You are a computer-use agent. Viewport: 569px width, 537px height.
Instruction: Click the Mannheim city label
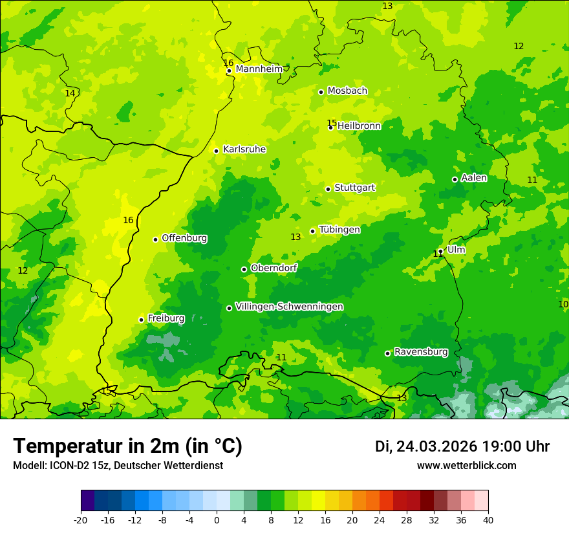259,69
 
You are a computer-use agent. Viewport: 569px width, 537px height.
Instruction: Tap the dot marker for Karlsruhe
216,151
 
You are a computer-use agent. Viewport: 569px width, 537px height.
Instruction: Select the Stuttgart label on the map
354,188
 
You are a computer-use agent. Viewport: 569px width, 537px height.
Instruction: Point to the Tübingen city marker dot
312,231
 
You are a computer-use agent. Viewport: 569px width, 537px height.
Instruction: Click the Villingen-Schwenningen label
289,307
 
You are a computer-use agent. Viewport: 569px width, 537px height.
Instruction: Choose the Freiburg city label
166,318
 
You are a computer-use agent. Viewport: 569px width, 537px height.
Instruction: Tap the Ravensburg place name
420,352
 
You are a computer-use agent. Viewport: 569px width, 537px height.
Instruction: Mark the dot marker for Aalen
455,179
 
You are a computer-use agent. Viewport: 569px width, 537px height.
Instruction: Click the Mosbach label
347,91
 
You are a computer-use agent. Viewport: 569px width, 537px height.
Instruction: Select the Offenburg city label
184,238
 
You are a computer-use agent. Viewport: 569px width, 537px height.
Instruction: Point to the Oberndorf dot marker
244,269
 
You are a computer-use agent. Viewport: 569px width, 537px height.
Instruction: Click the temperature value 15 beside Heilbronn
331,123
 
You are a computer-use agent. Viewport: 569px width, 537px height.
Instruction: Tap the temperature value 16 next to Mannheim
228,63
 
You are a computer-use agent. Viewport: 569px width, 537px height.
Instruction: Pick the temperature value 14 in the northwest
70,93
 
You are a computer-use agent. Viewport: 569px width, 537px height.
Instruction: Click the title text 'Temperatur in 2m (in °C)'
127,446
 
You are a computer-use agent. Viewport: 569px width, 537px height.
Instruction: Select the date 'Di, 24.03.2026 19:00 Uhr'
462,446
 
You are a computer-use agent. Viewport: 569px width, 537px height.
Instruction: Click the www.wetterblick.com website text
466,466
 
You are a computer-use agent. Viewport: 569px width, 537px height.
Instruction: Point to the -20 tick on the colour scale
81,520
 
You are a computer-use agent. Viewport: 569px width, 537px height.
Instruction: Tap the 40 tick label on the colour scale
488,520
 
